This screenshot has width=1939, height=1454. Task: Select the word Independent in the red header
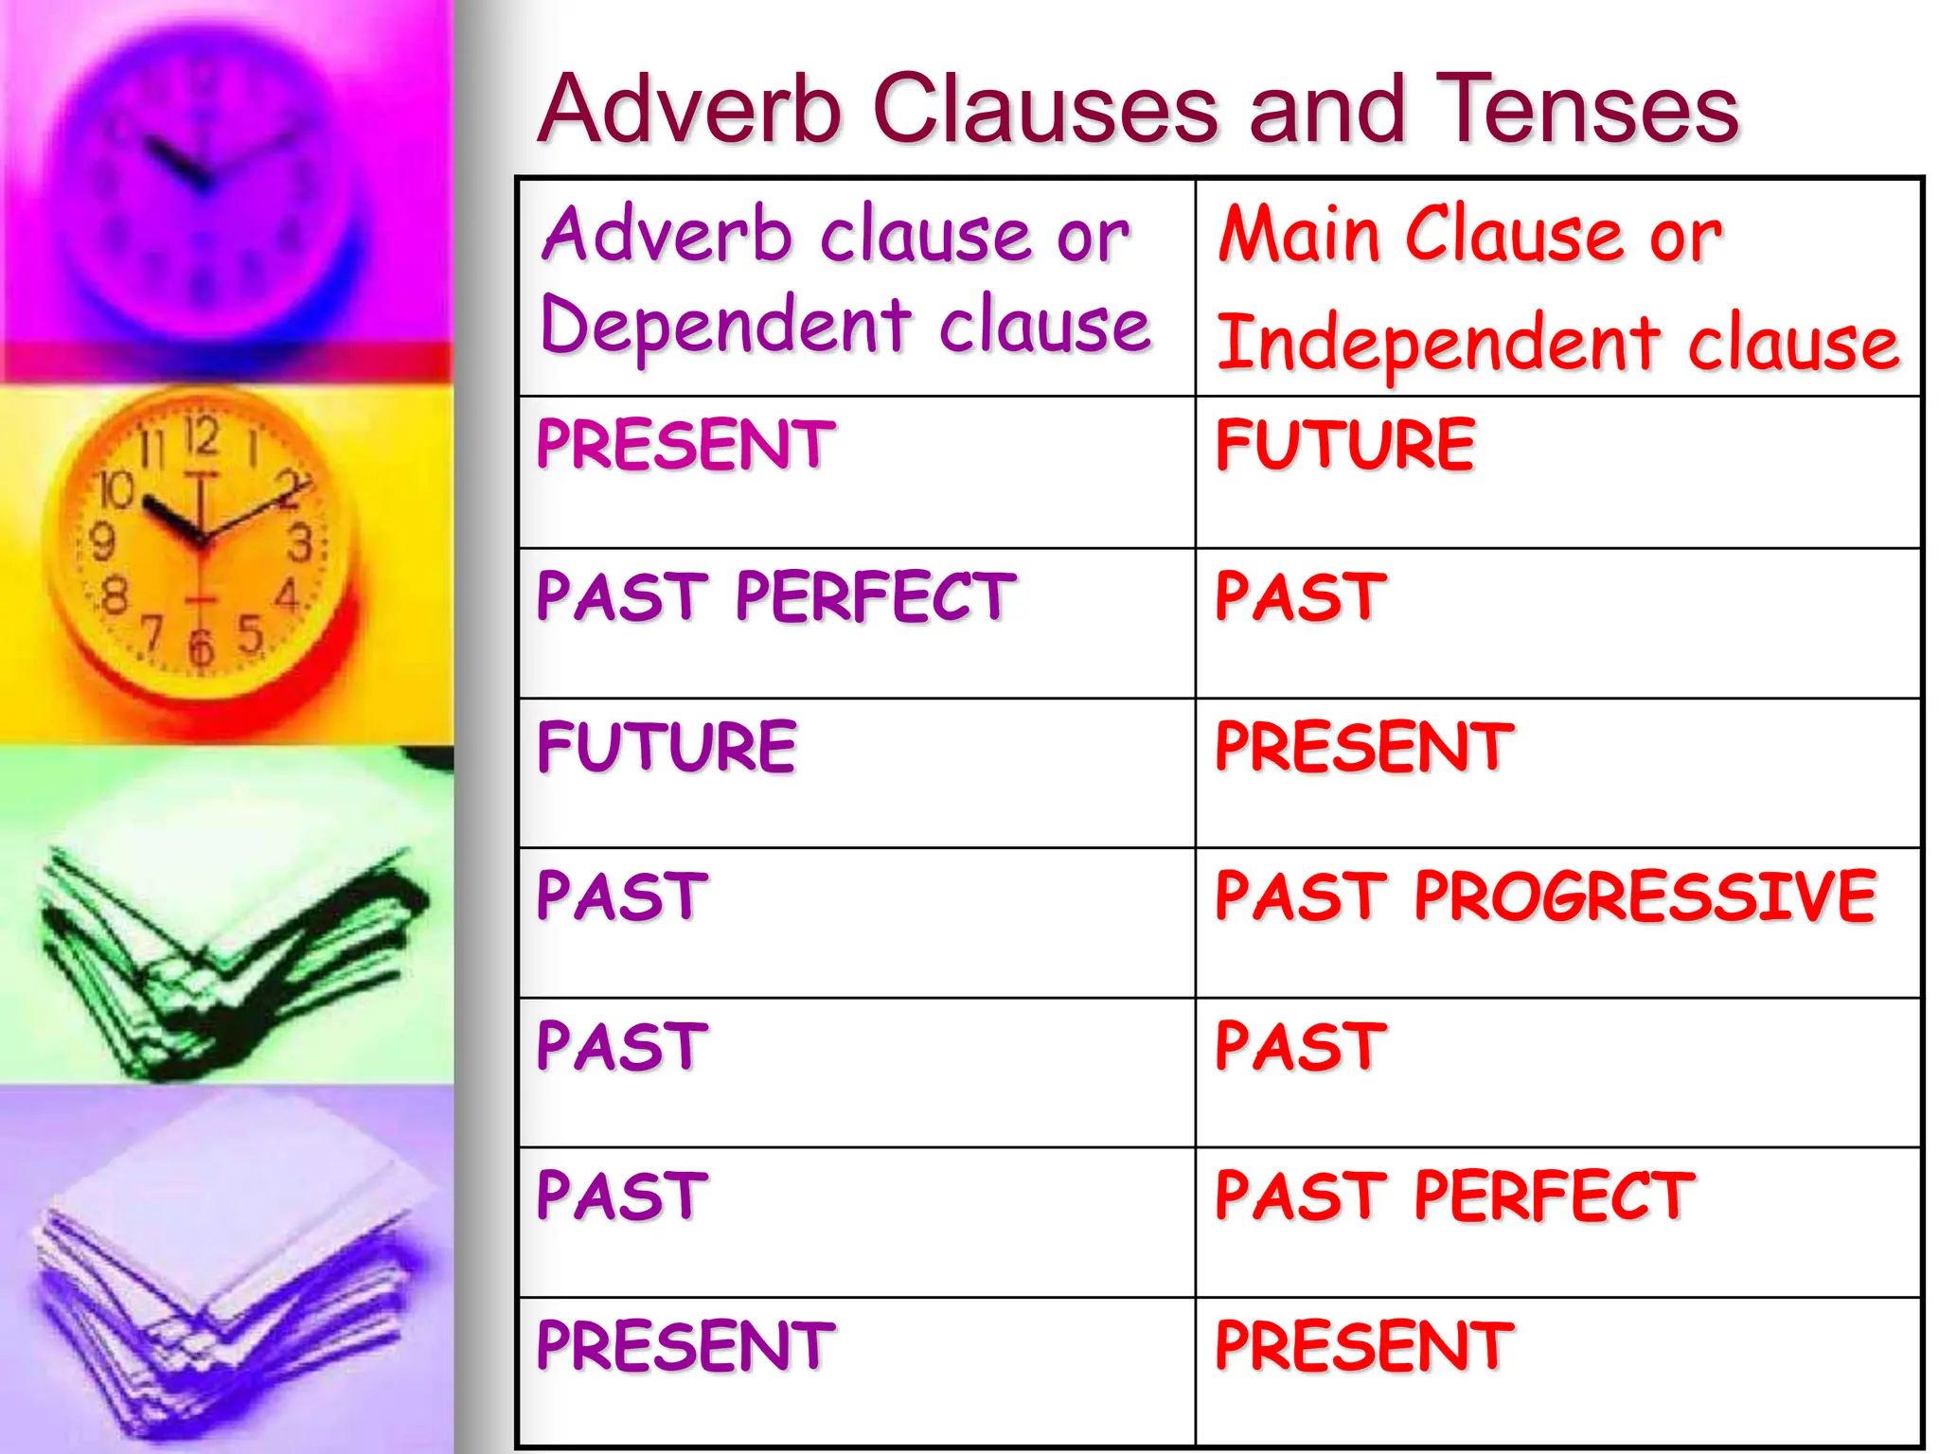pos(1437,343)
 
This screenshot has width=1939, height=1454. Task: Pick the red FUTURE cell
pos(1344,445)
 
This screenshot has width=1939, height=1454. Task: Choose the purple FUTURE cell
pos(667,747)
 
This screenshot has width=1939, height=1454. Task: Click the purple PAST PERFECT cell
pos(775,596)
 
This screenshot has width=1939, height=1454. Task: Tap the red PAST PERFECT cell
pos(1454,1196)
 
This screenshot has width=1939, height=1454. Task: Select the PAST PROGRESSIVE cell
pos(1545,895)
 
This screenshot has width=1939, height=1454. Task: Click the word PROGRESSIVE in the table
pos(1645,895)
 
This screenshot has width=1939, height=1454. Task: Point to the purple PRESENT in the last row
pos(685,1345)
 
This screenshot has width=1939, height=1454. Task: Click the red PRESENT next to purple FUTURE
pos(1363,747)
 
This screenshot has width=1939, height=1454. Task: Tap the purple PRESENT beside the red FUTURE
pos(685,445)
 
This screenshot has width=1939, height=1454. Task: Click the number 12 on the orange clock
pos(201,437)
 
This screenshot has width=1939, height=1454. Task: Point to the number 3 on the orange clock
pos(299,544)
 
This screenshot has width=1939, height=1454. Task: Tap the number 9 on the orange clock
pos(102,542)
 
